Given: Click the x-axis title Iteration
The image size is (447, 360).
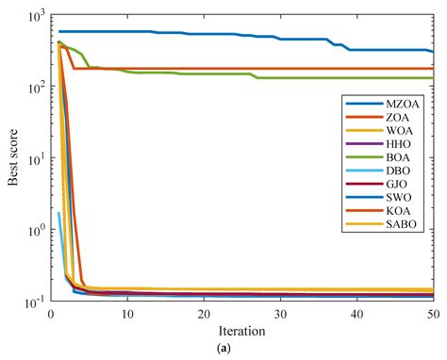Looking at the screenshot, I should pyautogui.click(x=241, y=331).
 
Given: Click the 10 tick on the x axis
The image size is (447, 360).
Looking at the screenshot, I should pyautogui.click(x=127, y=315).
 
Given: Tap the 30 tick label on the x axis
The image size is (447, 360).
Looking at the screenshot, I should pyautogui.click(x=280, y=315).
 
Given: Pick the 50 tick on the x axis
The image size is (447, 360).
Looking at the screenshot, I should pyautogui.click(x=432, y=315).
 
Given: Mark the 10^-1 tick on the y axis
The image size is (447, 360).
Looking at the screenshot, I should pyautogui.click(x=35, y=301).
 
